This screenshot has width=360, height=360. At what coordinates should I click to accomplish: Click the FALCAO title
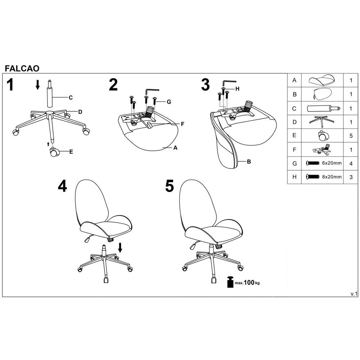[x=22, y=68]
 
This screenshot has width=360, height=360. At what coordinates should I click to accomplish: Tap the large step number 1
[x=10, y=85]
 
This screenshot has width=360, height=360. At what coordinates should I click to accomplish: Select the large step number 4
[x=62, y=186]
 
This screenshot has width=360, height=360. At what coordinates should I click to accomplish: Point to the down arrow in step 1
[x=38, y=85]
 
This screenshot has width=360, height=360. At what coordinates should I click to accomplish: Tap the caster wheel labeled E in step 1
[x=54, y=152]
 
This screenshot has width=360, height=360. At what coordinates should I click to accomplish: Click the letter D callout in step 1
[x=80, y=112]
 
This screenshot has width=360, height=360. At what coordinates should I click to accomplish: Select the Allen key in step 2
[x=152, y=91]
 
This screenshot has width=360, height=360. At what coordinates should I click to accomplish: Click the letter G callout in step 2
[x=169, y=102]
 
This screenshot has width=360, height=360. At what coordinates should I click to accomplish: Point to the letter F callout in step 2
[x=183, y=124]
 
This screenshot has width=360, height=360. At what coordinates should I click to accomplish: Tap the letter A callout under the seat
[x=175, y=148]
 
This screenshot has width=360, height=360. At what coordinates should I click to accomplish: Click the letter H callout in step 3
[x=237, y=89]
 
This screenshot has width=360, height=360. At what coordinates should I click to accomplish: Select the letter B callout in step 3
[x=249, y=162]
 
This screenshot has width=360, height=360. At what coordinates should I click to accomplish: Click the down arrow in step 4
[x=120, y=248]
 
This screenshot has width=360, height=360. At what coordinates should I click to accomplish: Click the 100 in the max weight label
[x=249, y=282]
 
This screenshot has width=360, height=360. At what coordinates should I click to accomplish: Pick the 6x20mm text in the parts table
[x=332, y=163]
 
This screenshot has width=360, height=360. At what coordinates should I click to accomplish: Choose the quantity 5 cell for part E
[x=351, y=136]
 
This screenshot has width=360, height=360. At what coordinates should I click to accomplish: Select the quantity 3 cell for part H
[x=351, y=177]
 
